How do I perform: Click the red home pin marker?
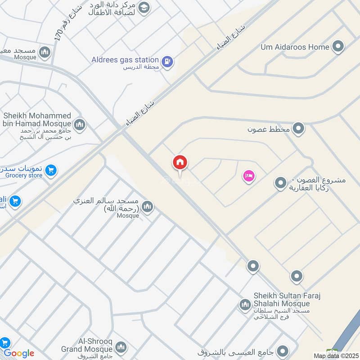click(x=180, y=163)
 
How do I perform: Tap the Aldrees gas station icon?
click(x=167, y=61)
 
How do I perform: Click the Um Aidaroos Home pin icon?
click(x=337, y=46)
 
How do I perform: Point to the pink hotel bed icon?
click(x=248, y=176)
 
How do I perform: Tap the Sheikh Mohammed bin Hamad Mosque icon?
click(x=80, y=124)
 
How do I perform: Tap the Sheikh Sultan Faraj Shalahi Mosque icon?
click(x=245, y=305)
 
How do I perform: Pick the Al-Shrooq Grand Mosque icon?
click(x=121, y=347)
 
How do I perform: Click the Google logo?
click(x=19, y=353)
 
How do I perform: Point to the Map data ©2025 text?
click(x=336, y=355)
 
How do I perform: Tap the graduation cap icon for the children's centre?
click(x=144, y=8)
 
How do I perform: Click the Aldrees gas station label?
click(x=125, y=60)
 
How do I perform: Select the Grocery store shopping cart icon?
click(x=51, y=171)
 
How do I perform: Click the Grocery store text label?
click(x=24, y=175)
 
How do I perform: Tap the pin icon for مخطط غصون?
click(x=298, y=129)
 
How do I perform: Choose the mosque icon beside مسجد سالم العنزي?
click(x=147, y=207)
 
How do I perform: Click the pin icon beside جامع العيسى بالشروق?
click(x=283, y=351)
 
